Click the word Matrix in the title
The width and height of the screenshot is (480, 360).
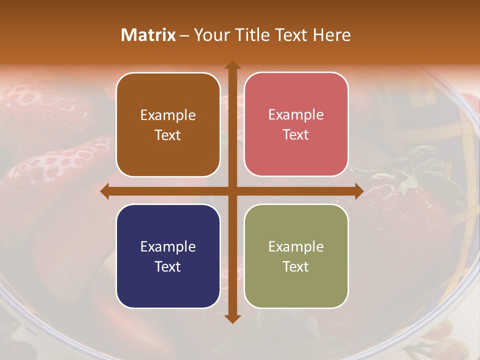(x=148, y=35)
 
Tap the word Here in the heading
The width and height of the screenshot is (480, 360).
(x=332, y=35)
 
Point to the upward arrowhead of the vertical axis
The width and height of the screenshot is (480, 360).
(x=232, y=64)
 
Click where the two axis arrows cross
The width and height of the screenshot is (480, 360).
(x=232, y=191)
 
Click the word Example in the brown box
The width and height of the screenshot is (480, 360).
(x=168, y=115)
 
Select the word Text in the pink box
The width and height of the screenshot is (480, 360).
(x=296, y=135)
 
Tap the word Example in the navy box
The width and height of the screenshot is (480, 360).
(x=168, y=247)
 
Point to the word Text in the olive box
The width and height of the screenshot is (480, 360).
(x=296, y=266)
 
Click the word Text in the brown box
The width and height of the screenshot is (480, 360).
(x=168, y=135)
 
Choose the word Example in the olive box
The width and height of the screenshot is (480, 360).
(x=296, y=247)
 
